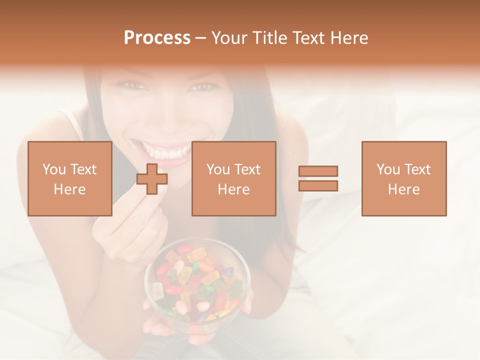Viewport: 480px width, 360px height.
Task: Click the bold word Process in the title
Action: coord(157,38)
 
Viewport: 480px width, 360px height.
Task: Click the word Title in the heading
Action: coord(269,38)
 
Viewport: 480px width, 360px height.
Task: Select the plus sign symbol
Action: coord(152,179)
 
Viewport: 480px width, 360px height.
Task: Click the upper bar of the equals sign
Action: coord(318,171)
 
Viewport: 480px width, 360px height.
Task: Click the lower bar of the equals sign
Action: coord(318,185)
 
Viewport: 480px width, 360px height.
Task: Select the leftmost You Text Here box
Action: coord(70,178)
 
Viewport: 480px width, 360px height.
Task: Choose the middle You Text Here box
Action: coord(234,178)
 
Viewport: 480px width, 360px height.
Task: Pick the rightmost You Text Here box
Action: coord(404,178)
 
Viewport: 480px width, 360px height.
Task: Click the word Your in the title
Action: coord(229,38)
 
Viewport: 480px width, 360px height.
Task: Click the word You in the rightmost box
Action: coord(388,169)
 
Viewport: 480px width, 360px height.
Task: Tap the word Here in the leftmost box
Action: coord(70,189)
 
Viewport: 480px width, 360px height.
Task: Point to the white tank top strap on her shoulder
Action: coord(75,122)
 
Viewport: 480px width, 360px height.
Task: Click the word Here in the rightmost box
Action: coord(404,189)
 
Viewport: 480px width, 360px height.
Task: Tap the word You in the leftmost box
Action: coord(54,169)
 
